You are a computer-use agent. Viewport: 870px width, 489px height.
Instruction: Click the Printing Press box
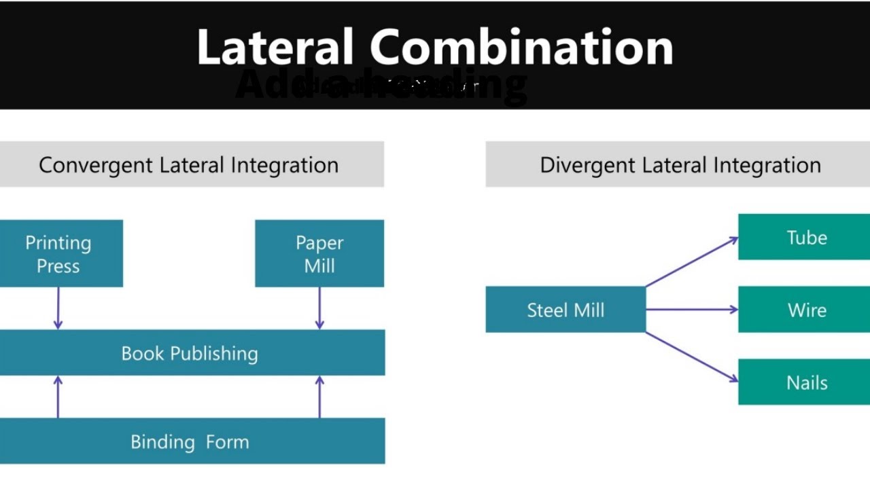(60, 253)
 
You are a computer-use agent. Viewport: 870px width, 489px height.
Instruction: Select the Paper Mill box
(319, 253)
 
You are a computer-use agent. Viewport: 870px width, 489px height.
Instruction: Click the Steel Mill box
(565, 310)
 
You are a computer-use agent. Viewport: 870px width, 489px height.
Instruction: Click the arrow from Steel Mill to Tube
(691, 261)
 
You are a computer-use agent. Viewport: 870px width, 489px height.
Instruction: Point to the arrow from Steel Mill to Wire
(691, 310)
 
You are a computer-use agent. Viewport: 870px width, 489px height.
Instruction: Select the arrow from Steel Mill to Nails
(691, 357)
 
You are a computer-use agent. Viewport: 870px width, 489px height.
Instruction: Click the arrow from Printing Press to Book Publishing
(58, 308)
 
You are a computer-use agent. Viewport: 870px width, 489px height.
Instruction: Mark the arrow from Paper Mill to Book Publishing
(319, 308)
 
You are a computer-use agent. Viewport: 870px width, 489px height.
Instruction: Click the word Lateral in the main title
(275, 48)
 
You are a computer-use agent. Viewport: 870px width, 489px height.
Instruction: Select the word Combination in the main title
(521, 48)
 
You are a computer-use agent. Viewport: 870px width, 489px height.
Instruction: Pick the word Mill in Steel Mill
(588, 310)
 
